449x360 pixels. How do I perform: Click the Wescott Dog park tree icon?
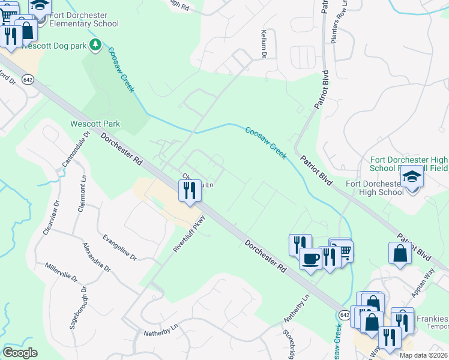pyautogui.click(x=95, y=44)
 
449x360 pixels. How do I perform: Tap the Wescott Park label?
pyautogui.click(x=95, y=124)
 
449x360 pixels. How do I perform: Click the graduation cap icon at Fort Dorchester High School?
pyautogui.click(x=412, y=176)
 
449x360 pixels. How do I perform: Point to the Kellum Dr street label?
pyautogui.click(x=264, y=45)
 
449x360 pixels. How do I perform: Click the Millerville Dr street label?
pyautogui.click(x=61, y=272)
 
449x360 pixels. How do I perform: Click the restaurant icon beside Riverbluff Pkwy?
pyautogui.click(x=190, y=190)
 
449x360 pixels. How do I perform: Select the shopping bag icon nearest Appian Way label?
pyautogui.click(x=400, y=253)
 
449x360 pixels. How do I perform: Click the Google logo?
pyautogui.click(x=20, y=353)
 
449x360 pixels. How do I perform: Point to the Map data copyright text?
pyautogui.click(x=424, y=355)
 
